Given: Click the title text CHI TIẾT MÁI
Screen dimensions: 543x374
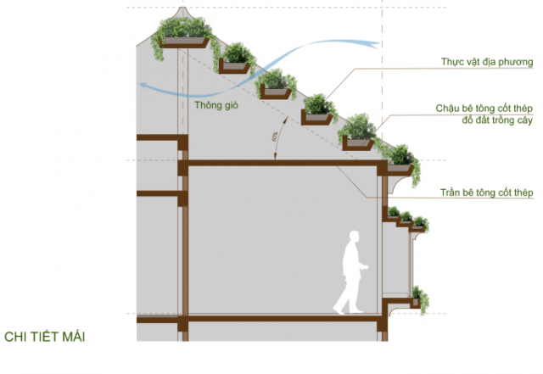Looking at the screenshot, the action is (45, 337).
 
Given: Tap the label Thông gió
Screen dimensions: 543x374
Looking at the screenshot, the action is (216, 105).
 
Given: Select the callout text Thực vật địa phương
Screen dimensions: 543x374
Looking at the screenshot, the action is (487, 62).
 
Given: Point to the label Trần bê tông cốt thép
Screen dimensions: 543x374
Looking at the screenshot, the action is (486, 193).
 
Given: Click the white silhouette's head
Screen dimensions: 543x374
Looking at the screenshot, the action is (354, 238).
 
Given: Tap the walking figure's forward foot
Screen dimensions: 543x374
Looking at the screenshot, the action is (357, 311).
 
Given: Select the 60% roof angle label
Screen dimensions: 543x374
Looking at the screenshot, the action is (275, 137).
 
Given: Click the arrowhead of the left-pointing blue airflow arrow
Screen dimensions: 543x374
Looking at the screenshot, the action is (143, 86).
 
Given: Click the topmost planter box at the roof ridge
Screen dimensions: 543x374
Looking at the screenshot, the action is (183, 42).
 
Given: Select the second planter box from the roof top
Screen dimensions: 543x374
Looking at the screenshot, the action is (234, 66).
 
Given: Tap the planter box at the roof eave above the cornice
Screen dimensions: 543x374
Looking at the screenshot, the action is (399, 169).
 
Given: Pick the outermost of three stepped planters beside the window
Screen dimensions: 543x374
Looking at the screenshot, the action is (419, 224).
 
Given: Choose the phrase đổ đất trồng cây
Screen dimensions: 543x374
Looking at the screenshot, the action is (497, 120).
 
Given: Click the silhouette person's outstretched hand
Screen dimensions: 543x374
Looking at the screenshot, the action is (365, 267).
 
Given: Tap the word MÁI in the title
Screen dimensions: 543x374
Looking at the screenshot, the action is (74, 337).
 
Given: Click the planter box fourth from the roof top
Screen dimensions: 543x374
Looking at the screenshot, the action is (316, 117).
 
